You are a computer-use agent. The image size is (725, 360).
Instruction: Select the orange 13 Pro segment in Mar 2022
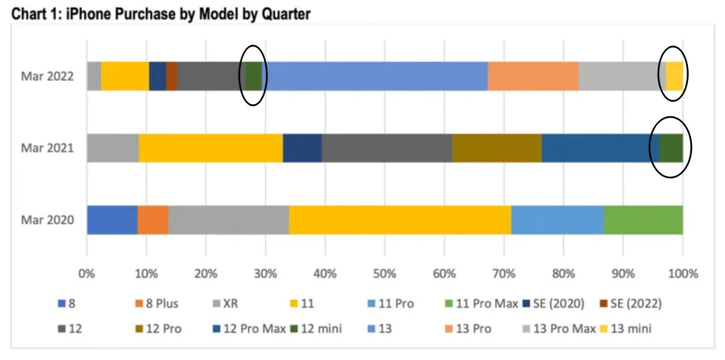tap(532, 76)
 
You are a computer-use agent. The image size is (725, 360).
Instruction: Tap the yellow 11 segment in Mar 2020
tap(400, 220)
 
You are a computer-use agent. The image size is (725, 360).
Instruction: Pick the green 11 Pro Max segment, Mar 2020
tap(643, 220)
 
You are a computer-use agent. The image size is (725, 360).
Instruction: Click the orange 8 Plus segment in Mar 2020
tap(153, 220)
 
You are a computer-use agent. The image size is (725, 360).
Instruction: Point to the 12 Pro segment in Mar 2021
tap(496, 148)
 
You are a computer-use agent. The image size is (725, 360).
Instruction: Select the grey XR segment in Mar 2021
tap(113, 148)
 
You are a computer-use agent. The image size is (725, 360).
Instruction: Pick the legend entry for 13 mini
tap(627, 328)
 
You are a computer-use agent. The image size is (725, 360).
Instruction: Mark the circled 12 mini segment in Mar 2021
tap(671, 148)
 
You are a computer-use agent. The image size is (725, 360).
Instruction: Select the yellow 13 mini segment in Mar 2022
tap(674, 76)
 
